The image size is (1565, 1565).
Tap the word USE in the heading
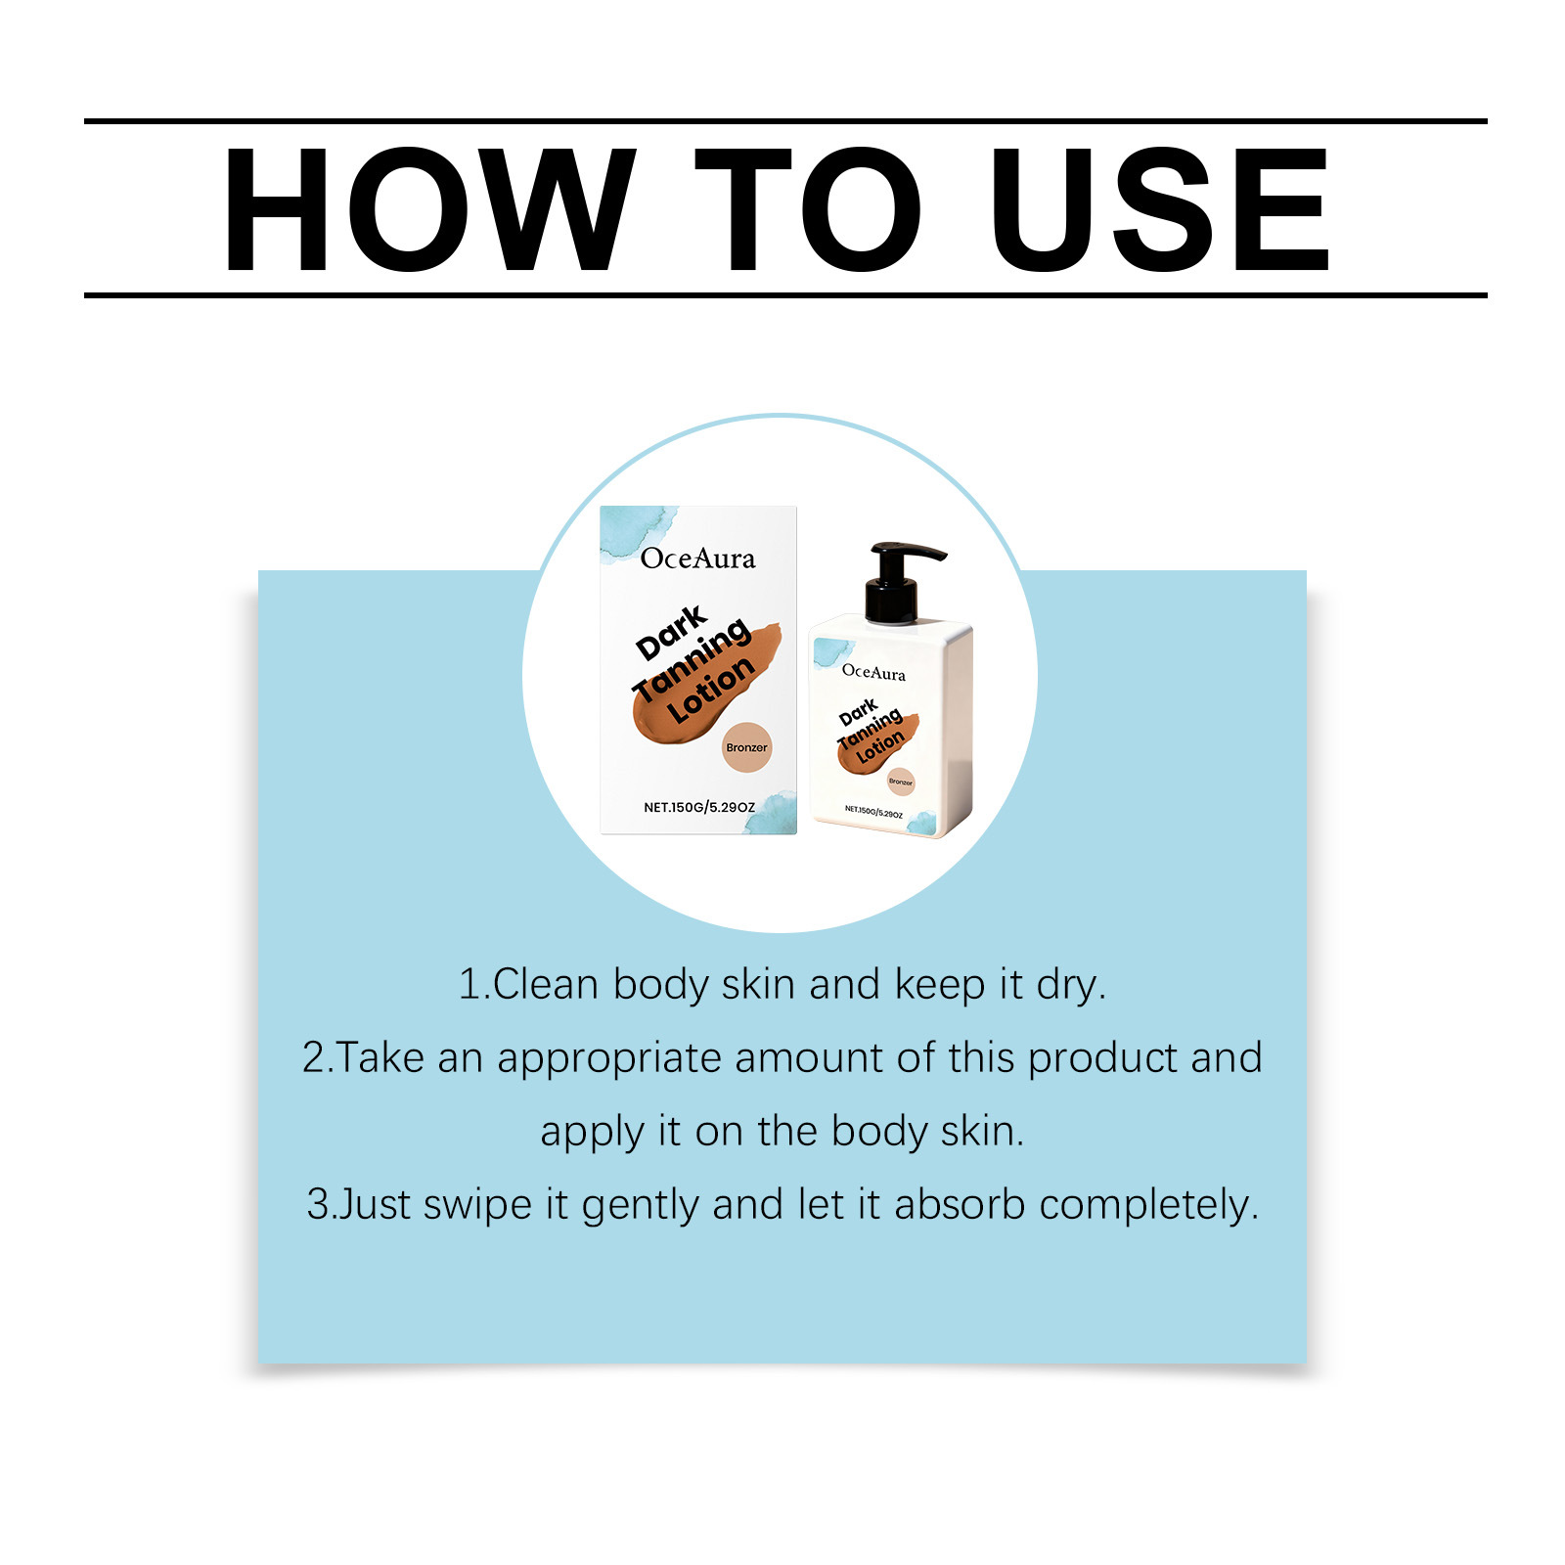point(1161,209)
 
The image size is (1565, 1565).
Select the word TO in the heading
point(808,209)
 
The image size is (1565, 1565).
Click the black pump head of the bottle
point(899,581)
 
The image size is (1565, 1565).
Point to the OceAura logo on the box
point(698,559)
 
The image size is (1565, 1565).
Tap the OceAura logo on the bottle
point(873,672)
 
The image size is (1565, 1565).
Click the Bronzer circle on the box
point(747,747)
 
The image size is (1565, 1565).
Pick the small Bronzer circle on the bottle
point(900,782)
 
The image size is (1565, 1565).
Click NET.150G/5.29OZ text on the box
point(699,807)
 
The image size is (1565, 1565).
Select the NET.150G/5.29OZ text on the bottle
point(873,812)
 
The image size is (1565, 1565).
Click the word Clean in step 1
point(546,984)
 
